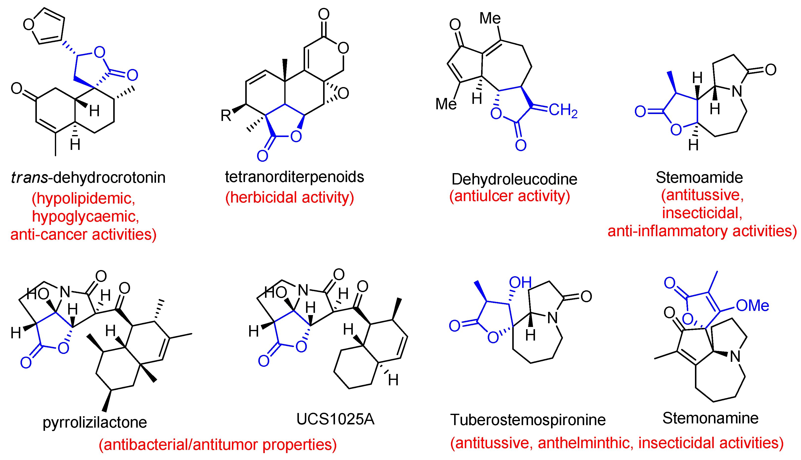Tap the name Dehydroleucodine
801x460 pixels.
click(514, 179)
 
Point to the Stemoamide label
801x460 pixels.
click(699, 178)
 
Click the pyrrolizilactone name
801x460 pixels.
click(95, 422)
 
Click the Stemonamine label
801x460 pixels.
click(710, 418)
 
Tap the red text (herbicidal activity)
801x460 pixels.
click(289, 197)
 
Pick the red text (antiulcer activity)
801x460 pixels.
click(510, 196)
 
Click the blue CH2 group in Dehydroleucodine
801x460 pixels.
click(563, 110)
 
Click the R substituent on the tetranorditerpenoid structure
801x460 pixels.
click(226, 116)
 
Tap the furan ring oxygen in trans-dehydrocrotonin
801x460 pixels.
click(28, 24)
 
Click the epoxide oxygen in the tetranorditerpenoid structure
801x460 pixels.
click(343, 93)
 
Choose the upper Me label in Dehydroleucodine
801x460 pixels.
click(490, 18)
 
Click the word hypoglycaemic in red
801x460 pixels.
click(85, 217)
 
